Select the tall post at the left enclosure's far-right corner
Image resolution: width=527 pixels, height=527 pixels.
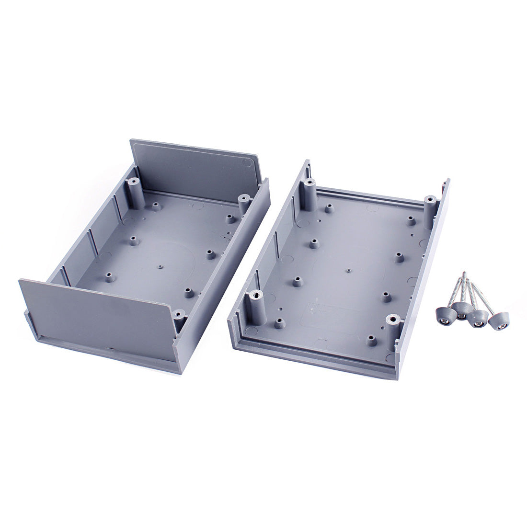(x=243, y=204)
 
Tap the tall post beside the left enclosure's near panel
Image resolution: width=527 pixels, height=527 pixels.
(x=179, y=320)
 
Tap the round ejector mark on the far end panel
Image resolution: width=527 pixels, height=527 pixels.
(x=248, y=162)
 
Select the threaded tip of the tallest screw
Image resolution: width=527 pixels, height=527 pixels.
(x=463, y=275)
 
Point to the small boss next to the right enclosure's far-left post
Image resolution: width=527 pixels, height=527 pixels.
(x=329, y=208)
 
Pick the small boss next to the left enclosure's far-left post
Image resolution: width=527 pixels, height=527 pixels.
(x=156, y=206)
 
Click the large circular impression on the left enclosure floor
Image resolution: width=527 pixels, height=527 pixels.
(x=168, y=259)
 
